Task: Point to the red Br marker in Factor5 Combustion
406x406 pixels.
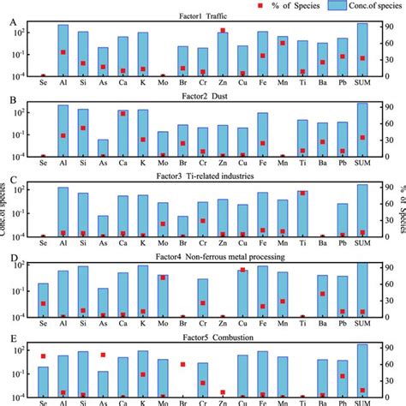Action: click(x=182, y=364)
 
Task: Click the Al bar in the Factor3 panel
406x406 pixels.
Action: click(x=63, y=212)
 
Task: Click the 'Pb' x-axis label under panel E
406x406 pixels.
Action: click(x=343, y=400)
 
